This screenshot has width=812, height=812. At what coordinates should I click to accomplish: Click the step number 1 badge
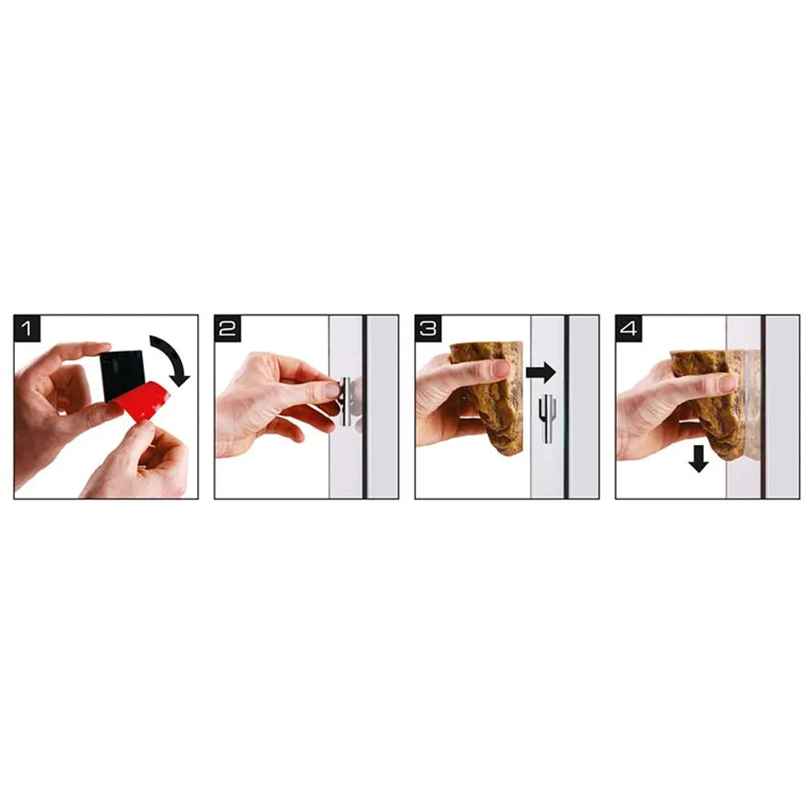pyautogui.click(x=27, y=328)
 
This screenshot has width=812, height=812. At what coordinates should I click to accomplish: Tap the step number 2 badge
pyautogui.click(x=227, y=328)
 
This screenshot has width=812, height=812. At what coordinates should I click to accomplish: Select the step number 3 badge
pyautogui.click(x=428, y=328)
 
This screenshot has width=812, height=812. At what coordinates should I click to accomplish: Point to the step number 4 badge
pyautogui.click(x=628, y=328)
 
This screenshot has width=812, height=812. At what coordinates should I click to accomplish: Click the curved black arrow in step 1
pyautogui.click(x=174, y=355)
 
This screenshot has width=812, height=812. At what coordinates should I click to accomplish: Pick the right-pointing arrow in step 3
pyautogui.click(x=541, y=373)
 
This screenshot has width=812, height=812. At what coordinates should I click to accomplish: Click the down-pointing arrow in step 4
pyautogui.click(x=698, y=458)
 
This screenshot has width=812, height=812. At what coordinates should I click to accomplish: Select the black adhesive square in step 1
pyautogui.click(x=123, y=374)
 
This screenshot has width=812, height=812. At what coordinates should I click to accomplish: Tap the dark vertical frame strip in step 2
pyautogui.click(x=365, y=407)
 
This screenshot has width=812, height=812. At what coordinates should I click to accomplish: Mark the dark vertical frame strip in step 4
pyautogui.click(x=762, y=407)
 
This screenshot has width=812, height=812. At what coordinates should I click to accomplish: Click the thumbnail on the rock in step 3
pyautogui.click(x=501, y=369)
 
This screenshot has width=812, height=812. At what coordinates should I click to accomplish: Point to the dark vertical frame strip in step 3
pyautogui.click(x=566, y=407)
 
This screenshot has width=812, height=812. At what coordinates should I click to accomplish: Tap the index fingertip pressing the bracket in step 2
pyautogui.click(x=331, y=390)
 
